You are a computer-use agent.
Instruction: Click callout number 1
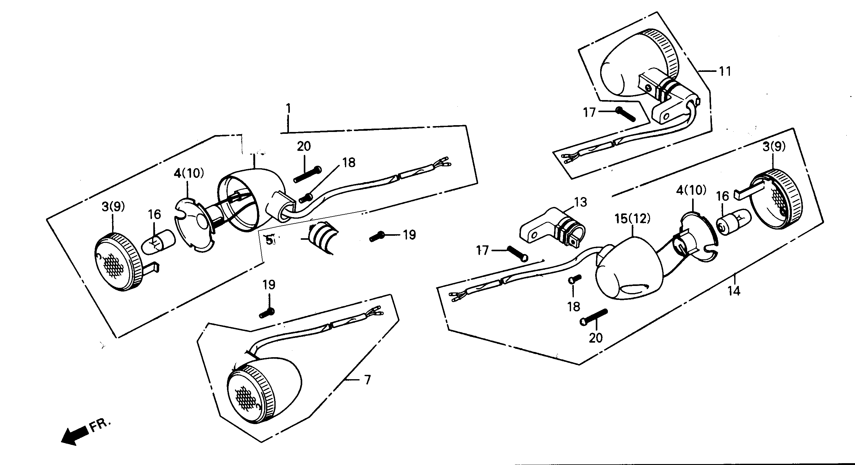[288, 109]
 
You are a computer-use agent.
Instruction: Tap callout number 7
[367, 379]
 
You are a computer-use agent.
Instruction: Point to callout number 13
[581, 202]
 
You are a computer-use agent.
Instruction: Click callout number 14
[734, 291]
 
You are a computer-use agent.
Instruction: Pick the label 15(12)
[632, 219]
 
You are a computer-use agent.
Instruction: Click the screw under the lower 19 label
[267, 313]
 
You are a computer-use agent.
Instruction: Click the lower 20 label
[595, 338]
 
